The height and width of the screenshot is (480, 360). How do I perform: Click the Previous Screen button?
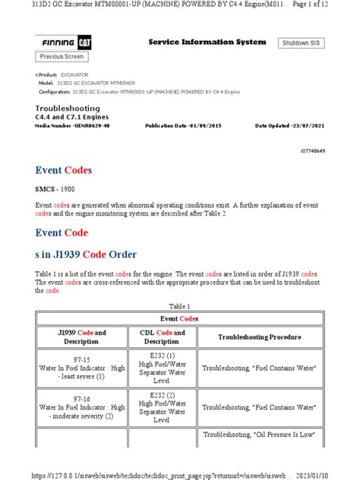[x=62, y=57]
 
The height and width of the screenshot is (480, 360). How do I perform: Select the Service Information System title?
[x=207, y=42]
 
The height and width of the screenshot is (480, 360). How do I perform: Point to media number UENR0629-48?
[x=68, y=125]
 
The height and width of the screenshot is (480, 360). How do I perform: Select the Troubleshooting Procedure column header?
[x=260, y=336]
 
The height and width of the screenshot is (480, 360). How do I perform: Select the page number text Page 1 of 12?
[x=330, y=6]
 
